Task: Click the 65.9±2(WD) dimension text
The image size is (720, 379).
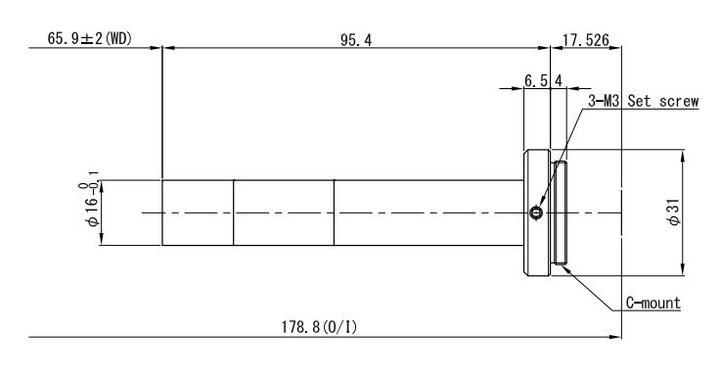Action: [x=90, y=38]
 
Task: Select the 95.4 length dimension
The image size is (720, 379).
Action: [x=356, y=40]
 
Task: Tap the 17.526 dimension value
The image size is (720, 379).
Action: [x=586, y=40]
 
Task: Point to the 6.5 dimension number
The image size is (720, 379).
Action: [x=536, y=81]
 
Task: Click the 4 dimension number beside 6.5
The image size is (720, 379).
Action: [x=559, y=81]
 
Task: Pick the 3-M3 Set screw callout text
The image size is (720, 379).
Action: [x=644, y=101]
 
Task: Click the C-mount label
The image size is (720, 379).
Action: [x=652, y=303]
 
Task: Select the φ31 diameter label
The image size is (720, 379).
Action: [x=675, y=213]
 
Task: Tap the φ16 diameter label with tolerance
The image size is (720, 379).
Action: [x=89, y=200]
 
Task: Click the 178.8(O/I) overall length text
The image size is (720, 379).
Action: [x=319, y=327]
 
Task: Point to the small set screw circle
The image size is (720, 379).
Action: [x=536, y=213]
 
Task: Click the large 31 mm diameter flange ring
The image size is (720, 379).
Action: [x=537, y=213]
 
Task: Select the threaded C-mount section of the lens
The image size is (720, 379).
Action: [x=560, y=213]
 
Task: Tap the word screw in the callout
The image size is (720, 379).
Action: [x=679, y=101]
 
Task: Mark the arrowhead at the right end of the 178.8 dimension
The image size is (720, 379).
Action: [x=615, y=337]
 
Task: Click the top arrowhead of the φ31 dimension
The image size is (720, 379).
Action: [x=683, y=156]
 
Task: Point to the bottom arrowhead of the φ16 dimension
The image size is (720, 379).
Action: [x=102, y=239]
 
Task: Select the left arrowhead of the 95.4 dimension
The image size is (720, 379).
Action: [x=168, y=47]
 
